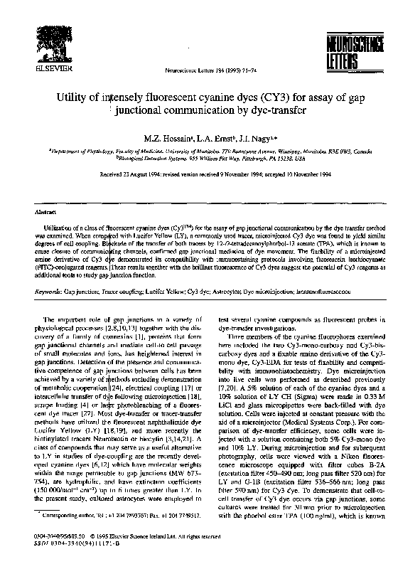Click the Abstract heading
click(x=45, y=212)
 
